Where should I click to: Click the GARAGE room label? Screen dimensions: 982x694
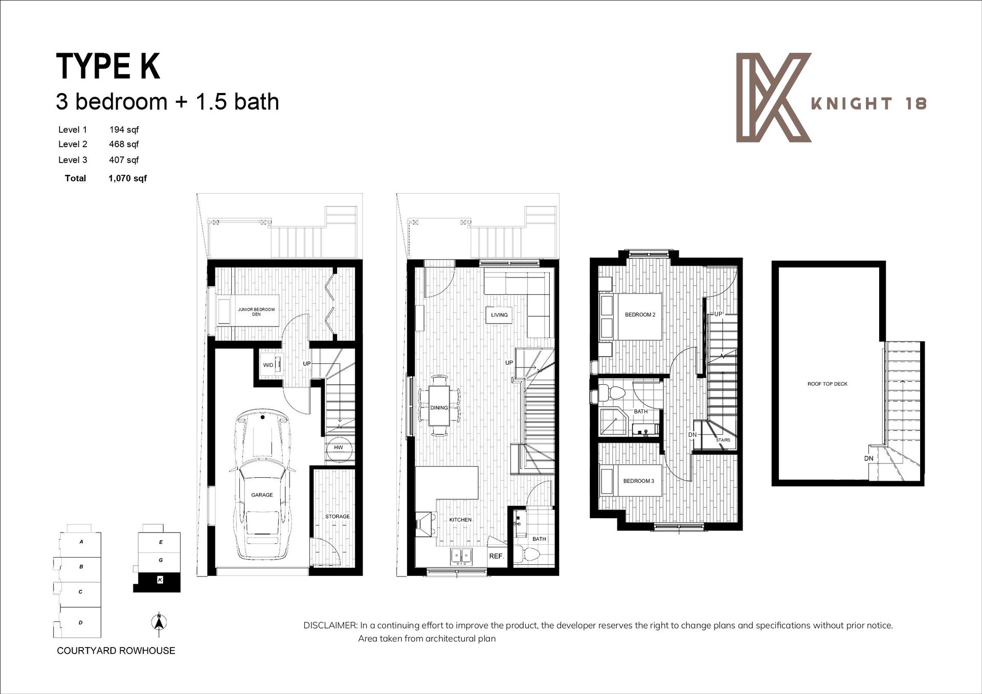pyautogui.click(x=262, y=495)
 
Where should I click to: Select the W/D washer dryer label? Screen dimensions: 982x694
pyautogui.click(x=268, y=365)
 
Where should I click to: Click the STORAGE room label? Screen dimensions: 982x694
pyautogui.click(x=338, y=517)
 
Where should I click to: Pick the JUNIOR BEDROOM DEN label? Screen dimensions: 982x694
pyautogui.click(x=256, y=312)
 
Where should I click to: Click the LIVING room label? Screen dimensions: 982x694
pyautogui.click(x=499, y=315)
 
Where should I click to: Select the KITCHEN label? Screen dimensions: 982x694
pyautogui.click(x=460, y=520)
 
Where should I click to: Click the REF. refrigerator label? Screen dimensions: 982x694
pyautogui.click(x=496, y=556)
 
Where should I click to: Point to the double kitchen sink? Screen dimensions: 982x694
pyautogui.click(x=462, y=556)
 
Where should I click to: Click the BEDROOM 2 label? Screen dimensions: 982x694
pyautogui.click(x=640, y=315)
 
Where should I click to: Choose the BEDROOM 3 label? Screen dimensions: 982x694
pyautogui.click(x=638, y=481)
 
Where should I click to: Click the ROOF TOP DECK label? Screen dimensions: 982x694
pyautogui.click(x=827, y=384)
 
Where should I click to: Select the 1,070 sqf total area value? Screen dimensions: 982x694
pyautogui.click(x=127, y=178)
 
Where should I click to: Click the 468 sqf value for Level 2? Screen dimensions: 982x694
pyautogui.click(x=124, y=144)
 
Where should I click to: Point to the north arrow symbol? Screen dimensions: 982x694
pyautogui.click(x=159, y=622)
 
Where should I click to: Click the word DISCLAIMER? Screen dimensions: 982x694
pyautogui.click(x=330, y=625)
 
